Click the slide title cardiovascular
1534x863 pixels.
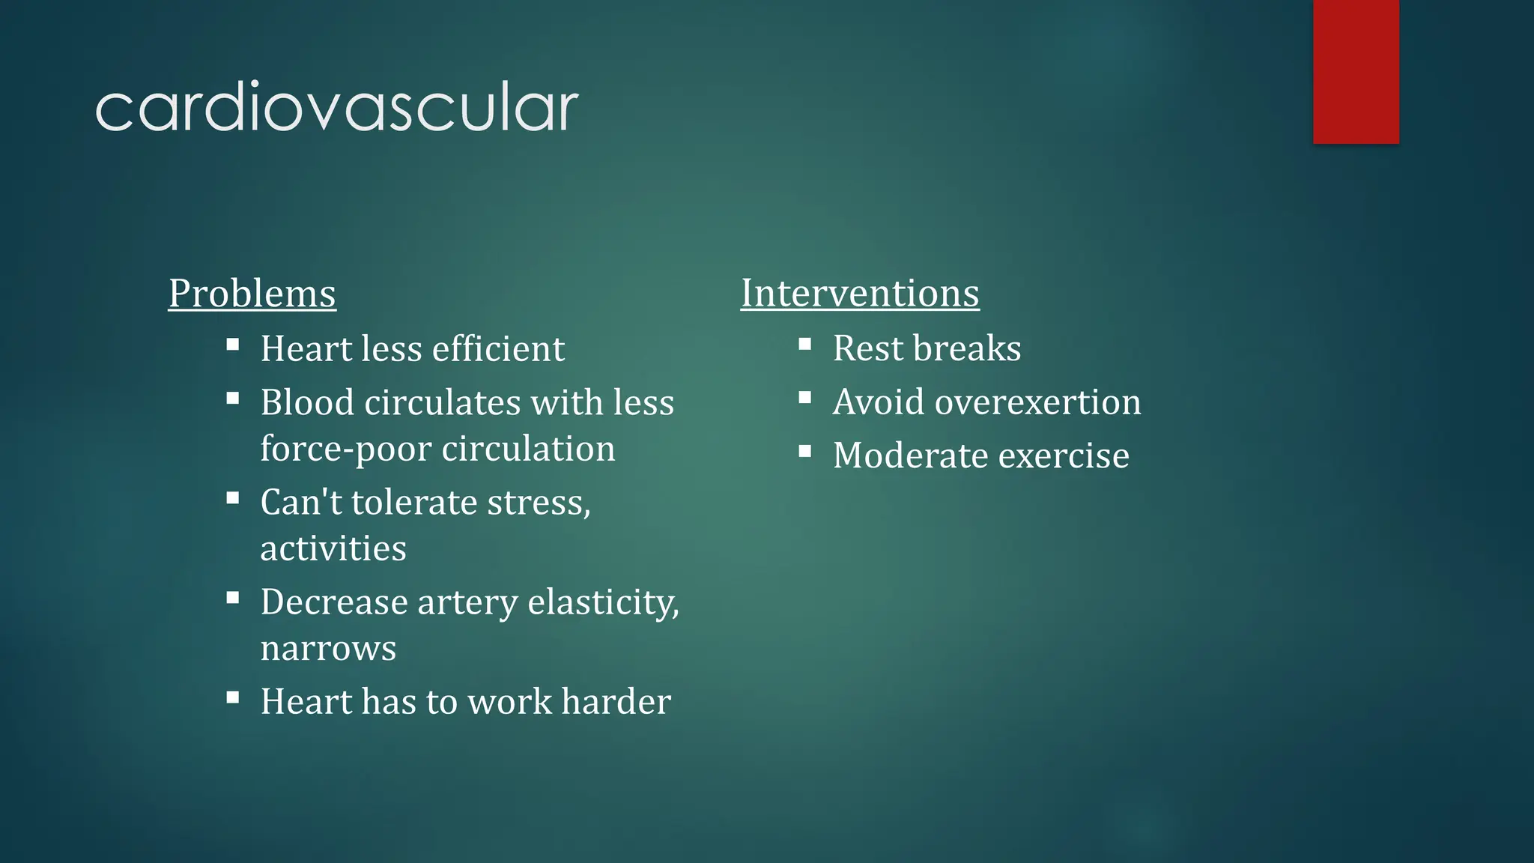pos(336,108)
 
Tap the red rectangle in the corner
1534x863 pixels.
pos(1356,71)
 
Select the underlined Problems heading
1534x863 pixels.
pos(252,293)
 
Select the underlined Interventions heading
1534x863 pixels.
pos(860,293)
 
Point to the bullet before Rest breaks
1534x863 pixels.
pos(805,345)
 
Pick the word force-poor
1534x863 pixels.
pos(346,449)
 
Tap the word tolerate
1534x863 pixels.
pos(414,503)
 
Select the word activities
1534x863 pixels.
pos(333,549)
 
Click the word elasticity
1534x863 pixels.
pos(603,602)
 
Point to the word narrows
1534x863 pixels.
pos(328,649)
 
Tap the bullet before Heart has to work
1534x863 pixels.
pos(233,697)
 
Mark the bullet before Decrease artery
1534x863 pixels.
pos(233,598)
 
